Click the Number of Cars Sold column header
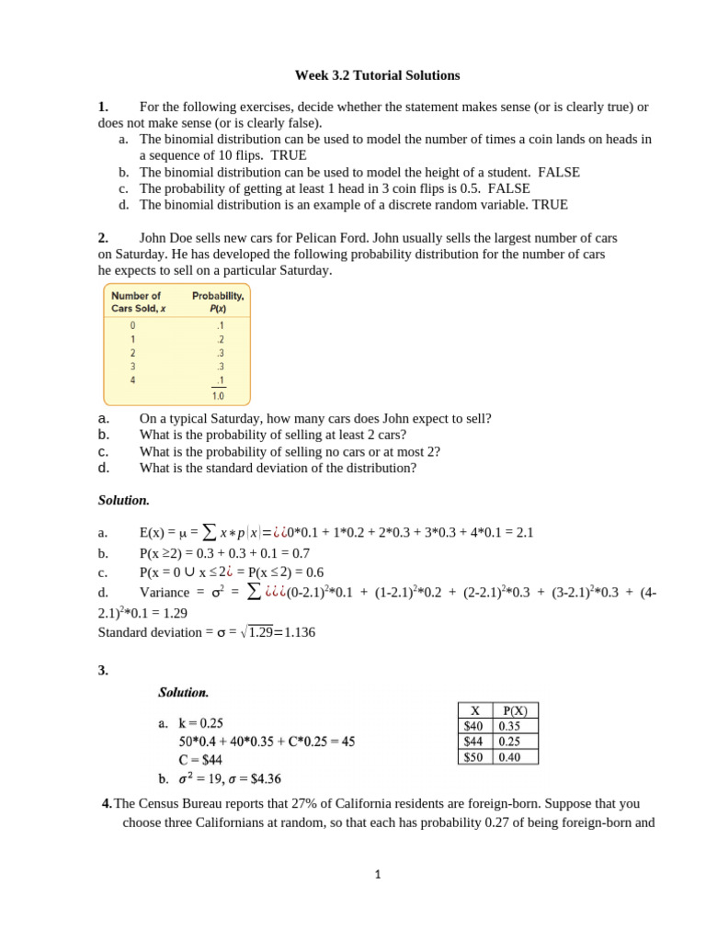[136, 301]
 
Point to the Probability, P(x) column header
[218, 301]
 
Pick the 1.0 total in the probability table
[218, 396]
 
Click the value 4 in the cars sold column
[133, 380]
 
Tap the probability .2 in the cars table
[219, 338]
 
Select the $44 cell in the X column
[474, 742]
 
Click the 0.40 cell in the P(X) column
[510, 757]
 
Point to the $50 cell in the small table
[474, 757]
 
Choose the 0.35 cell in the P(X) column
[510, 726]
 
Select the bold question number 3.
[103, 671]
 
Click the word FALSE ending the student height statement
[558, 172]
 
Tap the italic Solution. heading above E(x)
[123, 501]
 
